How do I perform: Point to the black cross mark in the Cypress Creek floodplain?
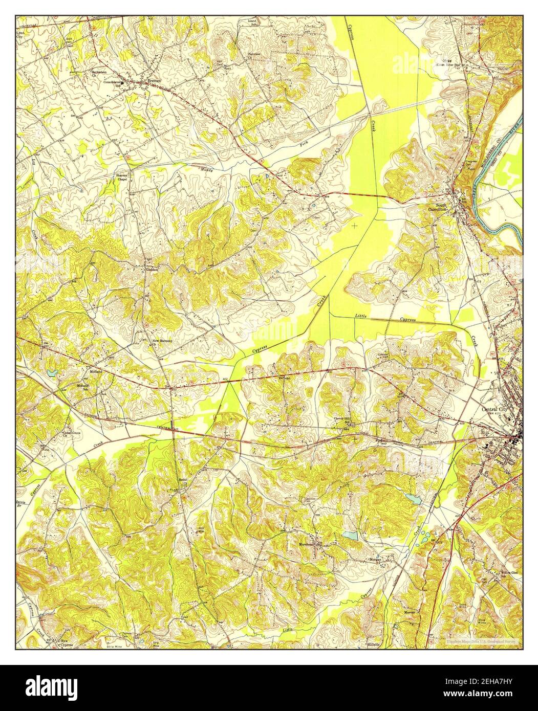(x=354, y=225)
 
